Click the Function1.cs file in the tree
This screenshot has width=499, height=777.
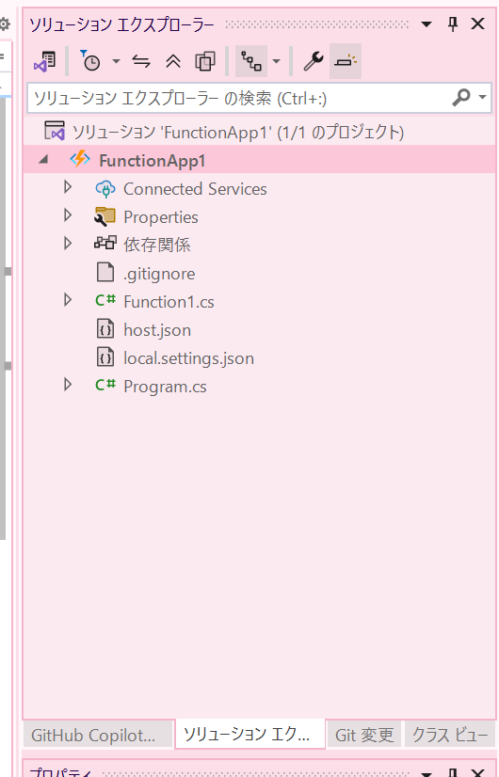coord(169,302)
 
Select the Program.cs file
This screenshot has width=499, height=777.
coord(165,387)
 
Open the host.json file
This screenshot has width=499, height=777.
coord(156,330)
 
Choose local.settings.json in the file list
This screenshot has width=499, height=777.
coord(188,358)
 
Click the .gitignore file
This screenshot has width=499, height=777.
coord(159,274)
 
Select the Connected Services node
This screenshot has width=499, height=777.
coord(195,189)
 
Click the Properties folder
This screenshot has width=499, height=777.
coord(161,217)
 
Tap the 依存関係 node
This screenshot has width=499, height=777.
coord(156,245)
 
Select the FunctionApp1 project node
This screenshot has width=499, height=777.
coord(152,161)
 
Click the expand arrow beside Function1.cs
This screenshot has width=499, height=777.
coord(68,300)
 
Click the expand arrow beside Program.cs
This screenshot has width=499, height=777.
coord(68,385)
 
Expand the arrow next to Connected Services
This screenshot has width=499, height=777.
coord(68,187)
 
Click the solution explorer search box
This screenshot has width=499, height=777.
coord(238,98)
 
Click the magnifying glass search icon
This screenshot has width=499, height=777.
coord(460,98)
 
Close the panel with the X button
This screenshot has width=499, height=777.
coord(477,24)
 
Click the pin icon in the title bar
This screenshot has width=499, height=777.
coord(453,24)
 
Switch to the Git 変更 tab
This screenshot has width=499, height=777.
coord(364,735)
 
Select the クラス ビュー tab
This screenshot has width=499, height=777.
coord(450,735)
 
